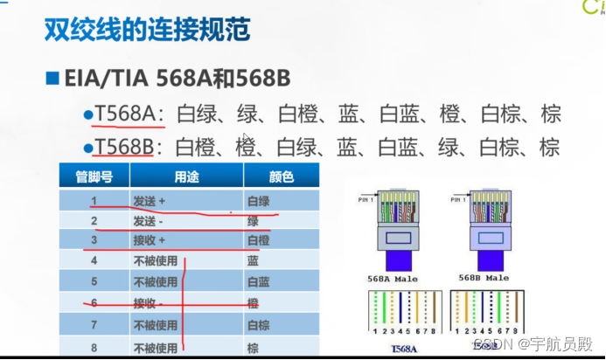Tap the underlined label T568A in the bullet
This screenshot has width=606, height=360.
[125, 114]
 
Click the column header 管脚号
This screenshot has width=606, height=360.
[94, 177]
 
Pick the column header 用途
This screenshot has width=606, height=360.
[186, 177]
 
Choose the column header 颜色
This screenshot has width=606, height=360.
[281, 177]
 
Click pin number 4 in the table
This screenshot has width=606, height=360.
[94, 260]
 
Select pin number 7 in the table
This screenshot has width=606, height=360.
[94, 325]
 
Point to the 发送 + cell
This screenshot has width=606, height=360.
[149, 200]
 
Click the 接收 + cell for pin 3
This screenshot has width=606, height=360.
[149, 240]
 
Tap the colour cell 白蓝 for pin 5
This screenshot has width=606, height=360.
[259, 282]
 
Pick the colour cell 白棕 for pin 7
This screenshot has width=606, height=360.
[259, 325]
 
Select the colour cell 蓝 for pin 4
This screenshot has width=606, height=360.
[253, 260]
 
